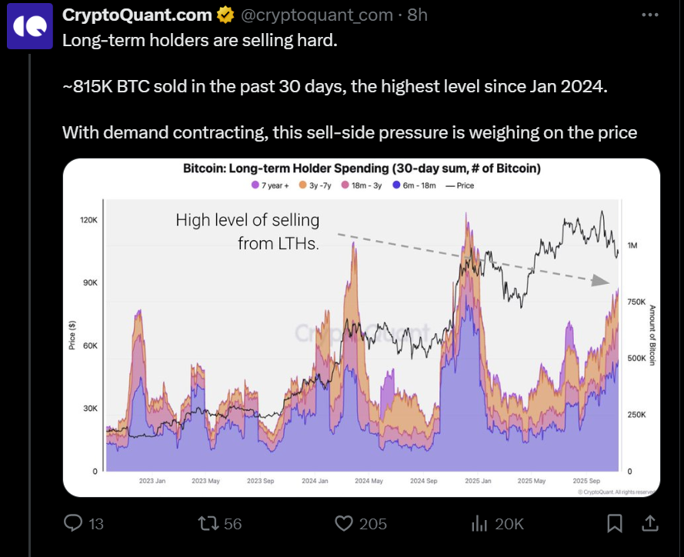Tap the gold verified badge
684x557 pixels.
click(x=225, y=15)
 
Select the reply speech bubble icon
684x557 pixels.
click(x=73, y=523)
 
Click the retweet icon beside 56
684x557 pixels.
click(x=208, y=523)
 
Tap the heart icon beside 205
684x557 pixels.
click(x=344, y=523)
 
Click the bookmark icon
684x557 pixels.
click(x=614, y=523)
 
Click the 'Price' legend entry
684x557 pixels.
click(x=460, y=185)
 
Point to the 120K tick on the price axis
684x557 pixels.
click(x=89, y=220)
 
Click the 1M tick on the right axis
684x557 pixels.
click(x=632, y=245)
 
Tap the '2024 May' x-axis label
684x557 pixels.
click(x=368, y=481)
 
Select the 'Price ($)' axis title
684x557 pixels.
click(x=72, y=335)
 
